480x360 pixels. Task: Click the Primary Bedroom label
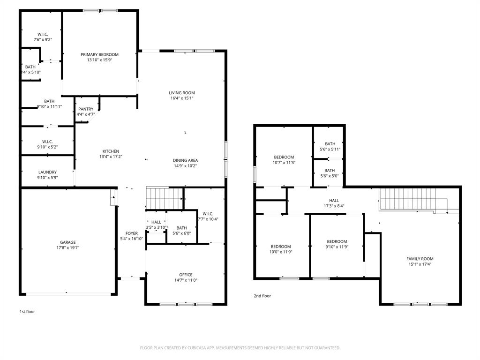pyautogui.click(x=99, y=54)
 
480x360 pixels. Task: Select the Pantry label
pyautogui.click(x=86, y=109)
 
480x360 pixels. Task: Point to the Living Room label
pyautogui.click(x=182, y=93)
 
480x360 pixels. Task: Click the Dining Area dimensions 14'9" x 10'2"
pyautogui.click(x=186, y=166)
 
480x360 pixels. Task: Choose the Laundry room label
pyautogui.click(x=47, y=172)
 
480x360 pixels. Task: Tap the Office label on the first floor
pyautogui.click(x=186, y=275)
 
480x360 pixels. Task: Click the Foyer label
pyautogui.click(x=131, y=233)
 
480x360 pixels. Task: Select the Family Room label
pyautogui.click(x=420, y=259)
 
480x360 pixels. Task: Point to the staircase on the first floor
pyautogui.click(x=164, y=198)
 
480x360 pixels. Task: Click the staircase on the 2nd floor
pyautogui.click(x=407, y=199)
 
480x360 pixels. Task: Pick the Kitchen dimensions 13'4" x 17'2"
pyautogui.click(x=111, y=157)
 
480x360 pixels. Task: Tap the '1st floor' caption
pyautogui.click(x=27, y=311)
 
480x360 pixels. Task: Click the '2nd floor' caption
pyautogui.click(x=262, y=296)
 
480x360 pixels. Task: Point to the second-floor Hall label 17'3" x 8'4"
pyautogui.click(x=334, y=201)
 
